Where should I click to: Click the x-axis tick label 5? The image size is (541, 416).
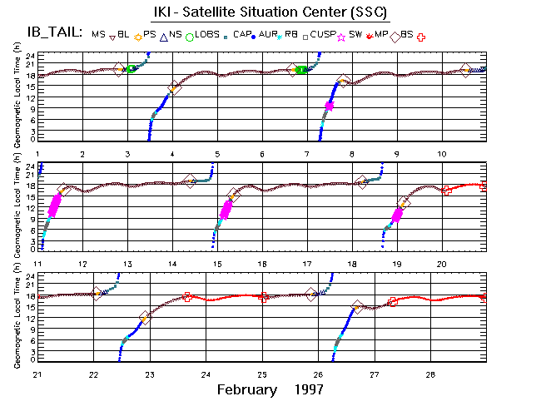point(216,155)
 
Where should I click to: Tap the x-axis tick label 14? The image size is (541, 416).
point(172,264)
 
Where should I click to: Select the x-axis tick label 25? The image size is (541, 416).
point(262,374)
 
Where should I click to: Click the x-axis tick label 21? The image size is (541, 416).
point(37,374)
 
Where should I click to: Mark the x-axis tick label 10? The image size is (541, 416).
point(441,155)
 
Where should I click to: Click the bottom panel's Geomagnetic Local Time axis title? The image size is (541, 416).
point(19,321)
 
